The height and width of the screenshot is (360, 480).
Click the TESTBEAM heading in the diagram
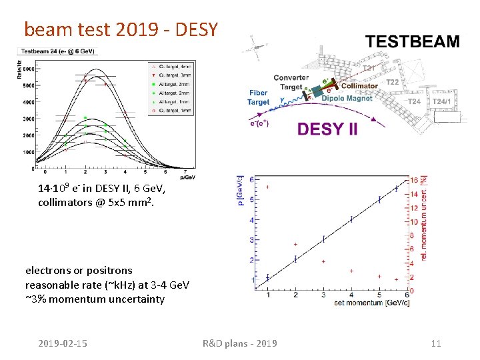tap(412, 41)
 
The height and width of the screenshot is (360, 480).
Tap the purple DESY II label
tap(327, 129)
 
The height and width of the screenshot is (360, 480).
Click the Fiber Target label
tap(258, 97)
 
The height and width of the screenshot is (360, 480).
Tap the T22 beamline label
tap(393, 82)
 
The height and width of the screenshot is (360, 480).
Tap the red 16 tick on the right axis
tap(413, 180)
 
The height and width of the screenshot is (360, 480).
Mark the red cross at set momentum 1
tap(267, 187)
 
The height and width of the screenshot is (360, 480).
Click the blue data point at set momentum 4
tap(351, 219)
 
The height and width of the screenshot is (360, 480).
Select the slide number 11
tap(436, 343)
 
